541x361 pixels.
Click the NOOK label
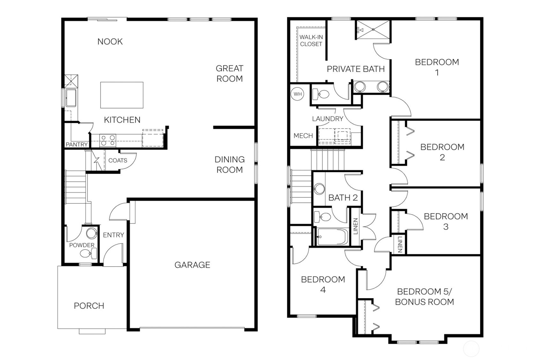point(110,41)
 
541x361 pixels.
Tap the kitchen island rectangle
point(122,95)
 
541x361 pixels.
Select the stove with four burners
point(108,140)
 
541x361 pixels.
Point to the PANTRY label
point(77,145)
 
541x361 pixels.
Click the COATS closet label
point(117,160)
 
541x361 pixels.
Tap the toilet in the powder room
point(86,254)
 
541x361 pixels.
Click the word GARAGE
point(192,265)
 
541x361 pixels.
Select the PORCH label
point(89,305)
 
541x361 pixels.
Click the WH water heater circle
point(297,94)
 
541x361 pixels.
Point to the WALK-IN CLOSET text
point(311,41)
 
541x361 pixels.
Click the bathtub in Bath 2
point(332,237)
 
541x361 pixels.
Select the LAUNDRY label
point(327,119)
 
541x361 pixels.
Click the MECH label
point(303,136)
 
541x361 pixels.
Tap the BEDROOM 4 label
point(323,284)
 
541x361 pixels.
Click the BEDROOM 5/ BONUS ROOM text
point(424,296)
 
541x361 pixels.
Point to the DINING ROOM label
point(229,164)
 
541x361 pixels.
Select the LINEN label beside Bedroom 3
point(400,245)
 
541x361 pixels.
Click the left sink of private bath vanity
point(360,86)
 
